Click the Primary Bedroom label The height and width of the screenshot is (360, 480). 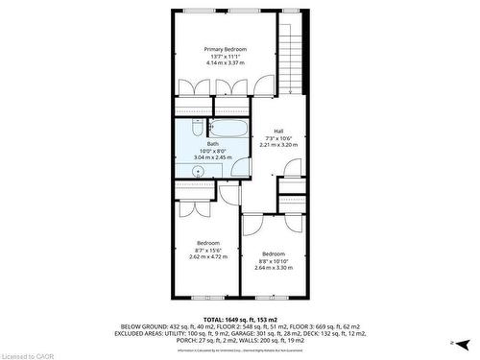click(226, 49)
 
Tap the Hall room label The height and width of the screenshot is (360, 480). click(278, 132)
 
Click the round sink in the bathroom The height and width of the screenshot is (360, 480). click(199, 171)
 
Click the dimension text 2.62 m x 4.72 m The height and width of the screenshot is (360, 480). click(208, 257)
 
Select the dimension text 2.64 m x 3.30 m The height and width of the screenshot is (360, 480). click(274, 267)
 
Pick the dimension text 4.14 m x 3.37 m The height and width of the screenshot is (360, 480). click(226, 63)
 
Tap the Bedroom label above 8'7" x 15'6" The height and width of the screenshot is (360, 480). click(208, 243)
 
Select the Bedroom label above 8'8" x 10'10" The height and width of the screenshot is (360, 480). click(274, 253)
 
